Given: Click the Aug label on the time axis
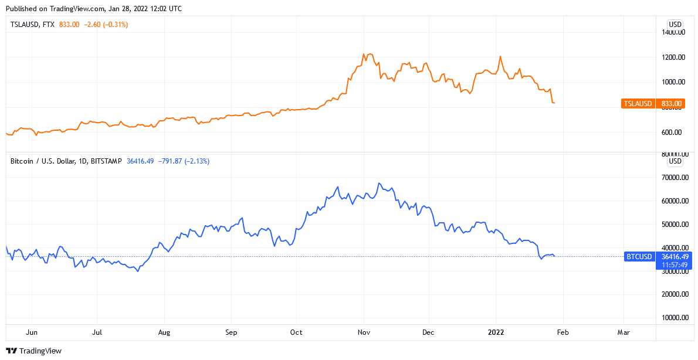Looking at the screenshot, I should [x=164, y=332].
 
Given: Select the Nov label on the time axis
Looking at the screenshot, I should [x=364, y=332].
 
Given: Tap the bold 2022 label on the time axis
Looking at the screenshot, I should [x=496, y=332].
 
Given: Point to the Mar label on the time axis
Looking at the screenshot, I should [x=624, y=332].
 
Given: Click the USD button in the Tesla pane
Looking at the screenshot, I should [x=675, y=24].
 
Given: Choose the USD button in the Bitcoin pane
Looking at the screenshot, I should [x=675, y=161].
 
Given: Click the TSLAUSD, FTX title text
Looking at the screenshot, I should [x=32, y=25].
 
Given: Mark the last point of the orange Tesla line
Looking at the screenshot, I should [x=555, y=104].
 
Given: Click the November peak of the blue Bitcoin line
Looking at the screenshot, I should [x=380, y=184].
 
